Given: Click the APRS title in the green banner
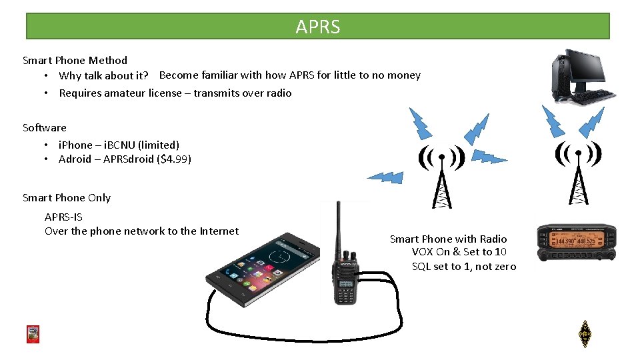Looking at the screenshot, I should pyautogui.click(x=318, y=27).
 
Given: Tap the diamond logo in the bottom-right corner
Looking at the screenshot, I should pyautogui.click(x=585, y=334).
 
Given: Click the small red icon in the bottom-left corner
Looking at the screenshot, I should pyautogui.click(x=33, y=334).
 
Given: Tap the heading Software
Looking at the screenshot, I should pyautogui.click(x=45, y=127).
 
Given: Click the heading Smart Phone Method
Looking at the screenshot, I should pyautogui.click(x=75, y=60).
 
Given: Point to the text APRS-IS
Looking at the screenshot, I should pyautogui.click(x=63, y=217).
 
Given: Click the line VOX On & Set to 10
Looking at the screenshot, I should pyautogui.click(x=459, y=252).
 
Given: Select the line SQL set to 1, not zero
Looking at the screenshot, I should pyautogui.click(x=463, y=267).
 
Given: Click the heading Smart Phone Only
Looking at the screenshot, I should pyautogui.click(x=67, y=197).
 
